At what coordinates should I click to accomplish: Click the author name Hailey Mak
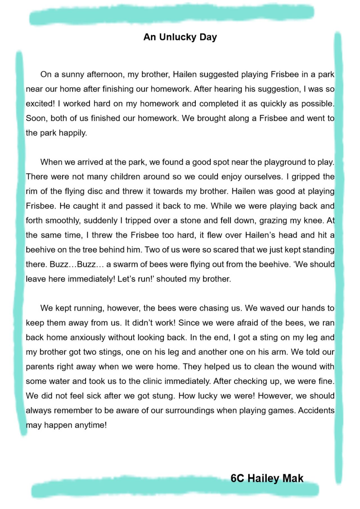[275, 478]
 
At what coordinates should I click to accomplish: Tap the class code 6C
[237, 478]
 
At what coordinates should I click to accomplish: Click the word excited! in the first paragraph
[40, 104]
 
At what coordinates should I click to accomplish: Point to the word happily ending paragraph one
[73, 133]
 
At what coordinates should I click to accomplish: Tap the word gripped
[305, 177]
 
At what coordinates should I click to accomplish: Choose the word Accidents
[316, 411]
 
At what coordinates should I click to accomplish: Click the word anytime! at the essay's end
[91, 425]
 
